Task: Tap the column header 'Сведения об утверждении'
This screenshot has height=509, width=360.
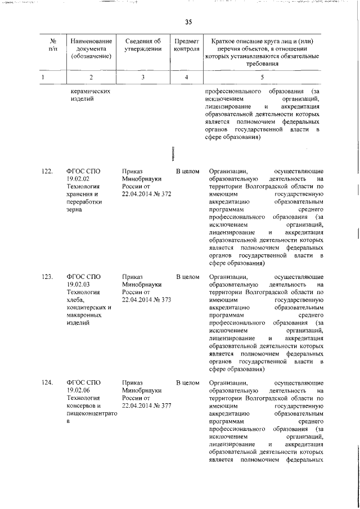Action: click(143, 44)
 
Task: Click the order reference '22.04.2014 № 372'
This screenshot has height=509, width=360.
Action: click(146, 193)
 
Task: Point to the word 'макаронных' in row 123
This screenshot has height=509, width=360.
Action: click(84, 316)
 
